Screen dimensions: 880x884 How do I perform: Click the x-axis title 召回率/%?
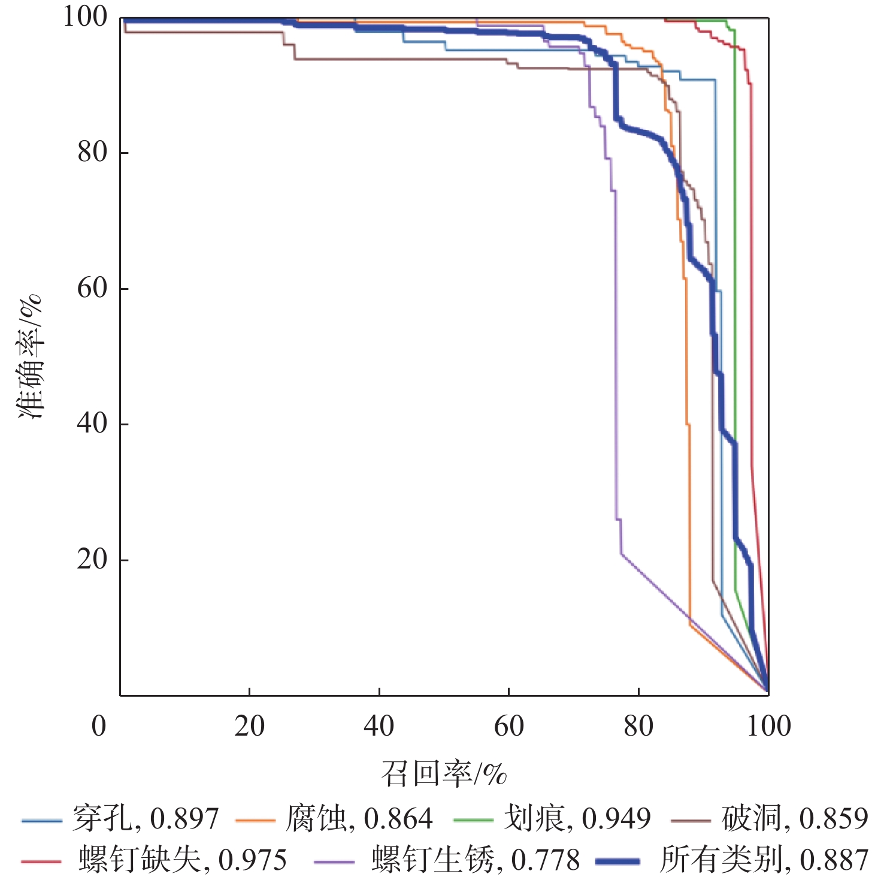pos(444,773)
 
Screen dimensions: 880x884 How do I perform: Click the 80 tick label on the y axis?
pos(92,152)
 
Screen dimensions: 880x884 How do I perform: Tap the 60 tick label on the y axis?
pos(92,288)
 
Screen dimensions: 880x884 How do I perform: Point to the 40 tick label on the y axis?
pos(92,424)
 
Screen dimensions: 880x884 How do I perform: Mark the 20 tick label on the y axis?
pos(92,560)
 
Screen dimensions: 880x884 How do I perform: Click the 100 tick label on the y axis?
pos(85,17)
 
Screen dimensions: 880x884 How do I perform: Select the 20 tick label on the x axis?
pos(249,726)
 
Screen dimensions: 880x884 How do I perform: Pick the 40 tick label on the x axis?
pos(379,726)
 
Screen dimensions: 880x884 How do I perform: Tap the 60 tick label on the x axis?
pos(508,726)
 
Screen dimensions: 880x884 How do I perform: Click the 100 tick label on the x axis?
pos(768,726)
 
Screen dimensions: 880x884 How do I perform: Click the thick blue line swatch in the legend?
pos(617,861)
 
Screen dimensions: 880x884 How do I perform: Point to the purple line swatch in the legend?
pos(334,861)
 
